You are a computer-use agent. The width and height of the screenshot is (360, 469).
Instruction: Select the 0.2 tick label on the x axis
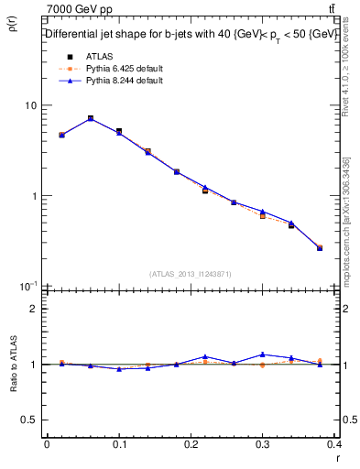pyautogui.click(x=192, y=444)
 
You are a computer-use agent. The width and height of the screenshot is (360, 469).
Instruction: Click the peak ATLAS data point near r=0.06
pyautogui.click(x=91, y=118)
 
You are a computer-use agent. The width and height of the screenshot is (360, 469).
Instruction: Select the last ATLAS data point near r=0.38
pyautogui.click(x=320, y=248)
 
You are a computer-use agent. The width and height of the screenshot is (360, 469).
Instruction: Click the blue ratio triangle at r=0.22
pyautogui.click(x=205, y=356)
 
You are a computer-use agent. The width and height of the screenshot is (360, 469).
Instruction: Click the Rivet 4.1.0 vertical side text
pyautogui.click(x=347, y=64)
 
